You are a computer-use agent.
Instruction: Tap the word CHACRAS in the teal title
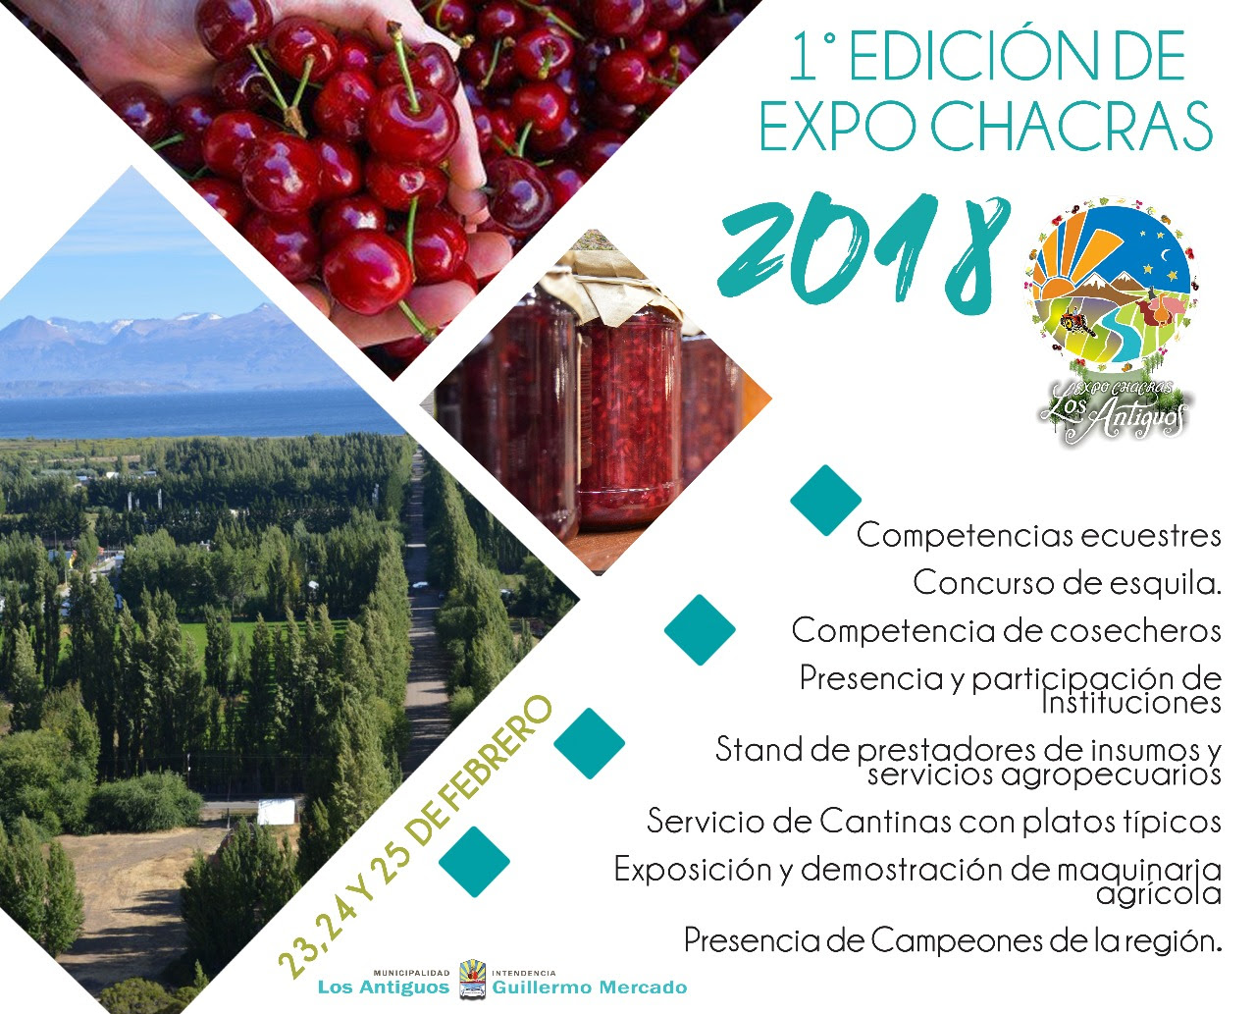point(1072,127)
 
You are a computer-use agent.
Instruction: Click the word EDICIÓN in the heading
point(960,56)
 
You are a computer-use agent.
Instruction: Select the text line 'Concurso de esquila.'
point(1067,583)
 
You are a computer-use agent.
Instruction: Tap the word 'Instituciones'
point(1130,703)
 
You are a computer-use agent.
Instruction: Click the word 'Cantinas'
point(885,821)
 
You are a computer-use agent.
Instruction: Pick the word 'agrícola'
point(1159,893)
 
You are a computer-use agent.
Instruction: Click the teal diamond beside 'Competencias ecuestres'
point(825,501)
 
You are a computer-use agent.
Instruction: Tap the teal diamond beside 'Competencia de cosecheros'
point(700,630)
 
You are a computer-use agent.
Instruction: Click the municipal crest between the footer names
point(472,979)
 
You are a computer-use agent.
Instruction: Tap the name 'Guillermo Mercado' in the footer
point(590,987)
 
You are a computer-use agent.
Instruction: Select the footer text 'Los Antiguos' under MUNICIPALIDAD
point(384,987)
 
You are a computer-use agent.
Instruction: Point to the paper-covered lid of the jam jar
point(619,283)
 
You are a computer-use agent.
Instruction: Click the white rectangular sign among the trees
point(276,811)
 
